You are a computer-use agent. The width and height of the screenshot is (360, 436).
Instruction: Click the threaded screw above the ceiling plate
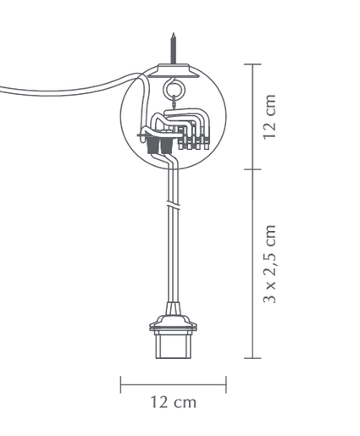coord(174,48)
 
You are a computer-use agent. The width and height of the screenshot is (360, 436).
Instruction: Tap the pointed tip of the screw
coord(174,33)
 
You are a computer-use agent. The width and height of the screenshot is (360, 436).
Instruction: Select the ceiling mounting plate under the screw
coord(173,70)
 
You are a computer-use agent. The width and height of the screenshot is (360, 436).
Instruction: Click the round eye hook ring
coord(173,88)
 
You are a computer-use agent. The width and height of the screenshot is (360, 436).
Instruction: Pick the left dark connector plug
coord(153,145)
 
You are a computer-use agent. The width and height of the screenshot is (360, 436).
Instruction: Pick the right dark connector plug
coord(167,145)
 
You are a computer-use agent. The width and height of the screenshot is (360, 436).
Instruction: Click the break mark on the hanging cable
coord(173,205)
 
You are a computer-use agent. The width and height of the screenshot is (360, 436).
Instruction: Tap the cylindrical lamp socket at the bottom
coord(173,345)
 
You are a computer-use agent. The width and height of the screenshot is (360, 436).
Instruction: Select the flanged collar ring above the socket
coord(173,323)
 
